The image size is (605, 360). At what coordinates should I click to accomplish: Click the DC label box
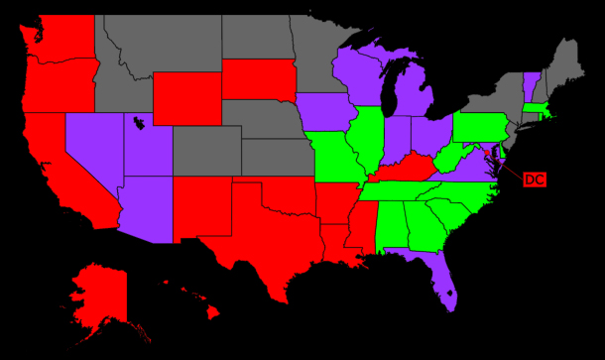(534, 180)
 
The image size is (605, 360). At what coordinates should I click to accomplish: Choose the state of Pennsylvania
(481, 127)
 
